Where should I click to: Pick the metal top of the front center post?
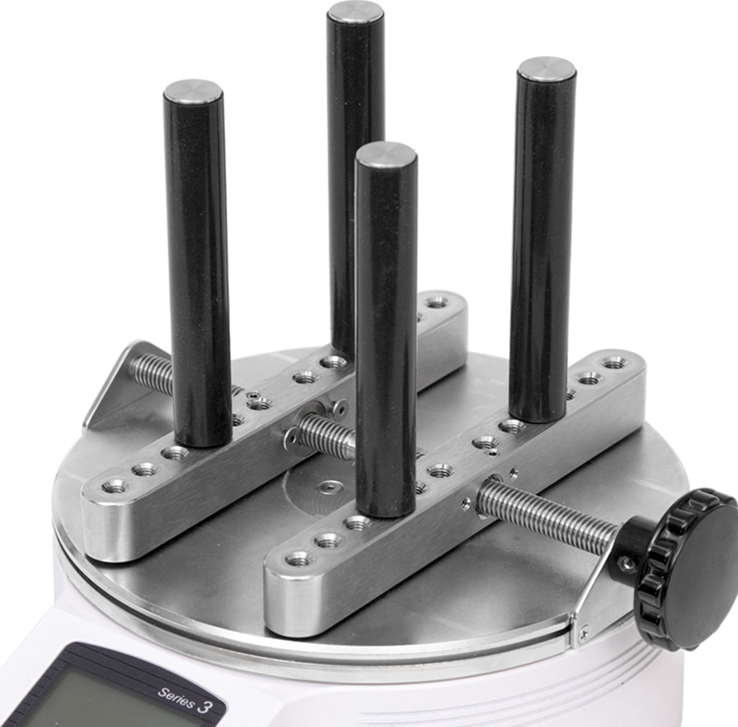point(385,154)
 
